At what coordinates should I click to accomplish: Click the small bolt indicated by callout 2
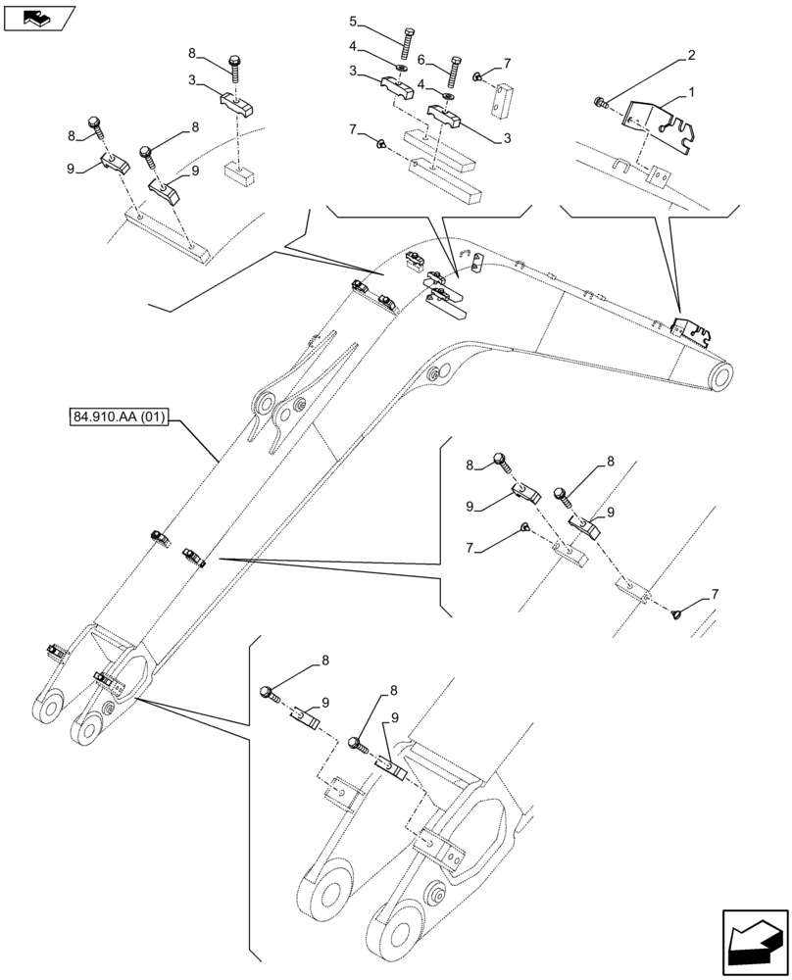[x=601, y=99]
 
